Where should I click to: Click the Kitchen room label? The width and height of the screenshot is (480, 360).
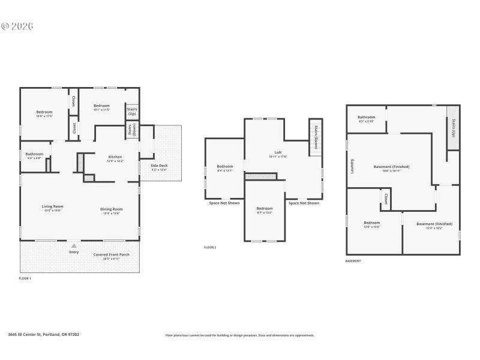tap(115, 157)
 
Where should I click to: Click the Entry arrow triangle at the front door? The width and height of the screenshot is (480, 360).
tap(74, 245)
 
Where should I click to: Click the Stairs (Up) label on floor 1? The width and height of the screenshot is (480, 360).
tap(132, 111)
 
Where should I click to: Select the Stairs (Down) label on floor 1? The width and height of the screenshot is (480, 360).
tap(131, 130)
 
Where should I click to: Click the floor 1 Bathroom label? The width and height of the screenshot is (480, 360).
tap(34, 154)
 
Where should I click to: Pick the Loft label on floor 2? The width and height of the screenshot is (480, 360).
tap(278, 152)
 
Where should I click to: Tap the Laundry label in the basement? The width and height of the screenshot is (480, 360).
tap(352, 166)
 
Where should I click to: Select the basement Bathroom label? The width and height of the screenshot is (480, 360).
tap(366, 117)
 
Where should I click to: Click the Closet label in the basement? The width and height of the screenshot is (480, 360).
tap(386, 199)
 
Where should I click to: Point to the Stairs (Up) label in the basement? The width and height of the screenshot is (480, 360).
tap(453, 128)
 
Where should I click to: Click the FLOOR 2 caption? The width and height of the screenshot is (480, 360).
tap(210, 247)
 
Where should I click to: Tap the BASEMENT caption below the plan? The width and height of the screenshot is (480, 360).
tap(353, 261)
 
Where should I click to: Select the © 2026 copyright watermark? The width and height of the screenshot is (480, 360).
tap(17, 26)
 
